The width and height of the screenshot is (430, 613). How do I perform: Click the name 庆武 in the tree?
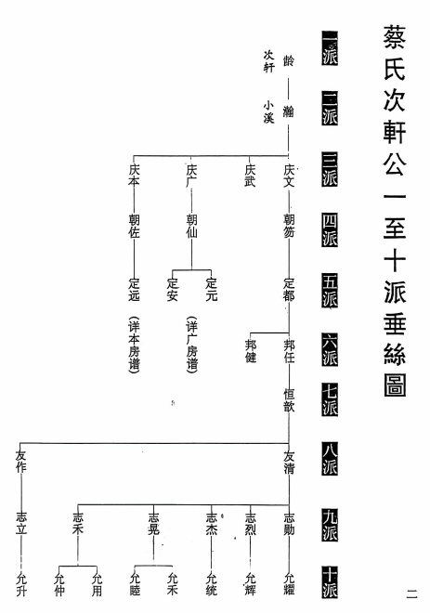(x=250, y=176)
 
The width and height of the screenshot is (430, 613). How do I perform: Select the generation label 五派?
(x=330, y=290)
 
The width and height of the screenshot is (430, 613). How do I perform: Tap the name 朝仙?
(x=191, y=227)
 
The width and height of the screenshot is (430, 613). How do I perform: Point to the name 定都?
(x=289, y=290)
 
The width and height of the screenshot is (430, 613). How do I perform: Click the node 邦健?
(x=251, y=351)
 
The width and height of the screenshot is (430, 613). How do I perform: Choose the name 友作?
(x=20, y=462)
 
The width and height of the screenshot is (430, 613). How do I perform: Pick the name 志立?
(x=21, y=524)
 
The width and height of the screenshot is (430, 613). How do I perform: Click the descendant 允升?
(x=21, y=584)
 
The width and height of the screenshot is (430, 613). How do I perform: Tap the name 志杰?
(x=211, y=524)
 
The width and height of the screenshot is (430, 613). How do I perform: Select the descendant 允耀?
(x=289, y=584)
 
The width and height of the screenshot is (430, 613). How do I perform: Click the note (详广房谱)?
(x=191, y=345)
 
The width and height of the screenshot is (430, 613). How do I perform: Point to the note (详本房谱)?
(x=134, y=345)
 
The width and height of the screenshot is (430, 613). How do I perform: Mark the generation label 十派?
(x=330, y=581)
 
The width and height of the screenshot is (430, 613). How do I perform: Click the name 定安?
(x=173, y=290)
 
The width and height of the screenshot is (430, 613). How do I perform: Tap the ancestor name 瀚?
(x=289, y=111)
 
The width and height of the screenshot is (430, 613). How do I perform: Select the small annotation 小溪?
(x=268, y=112)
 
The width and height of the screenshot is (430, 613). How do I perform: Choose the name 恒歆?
(x=289, y=400)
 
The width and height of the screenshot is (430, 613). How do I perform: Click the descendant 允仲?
(x=59, y=584)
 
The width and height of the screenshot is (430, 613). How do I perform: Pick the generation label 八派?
(x=330, y=459)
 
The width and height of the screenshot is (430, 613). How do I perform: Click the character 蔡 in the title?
(x=394, y=37)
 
